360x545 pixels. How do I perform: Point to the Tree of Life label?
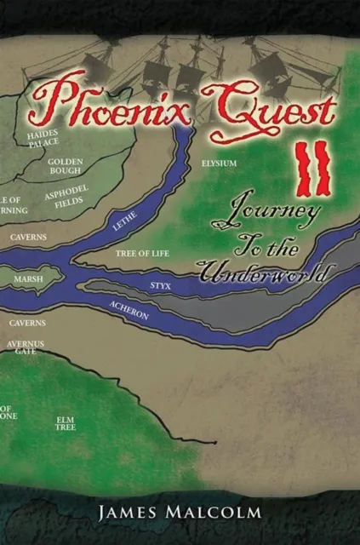click(x=139, y=254)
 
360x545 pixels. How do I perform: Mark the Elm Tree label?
click(x=66, y=423)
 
